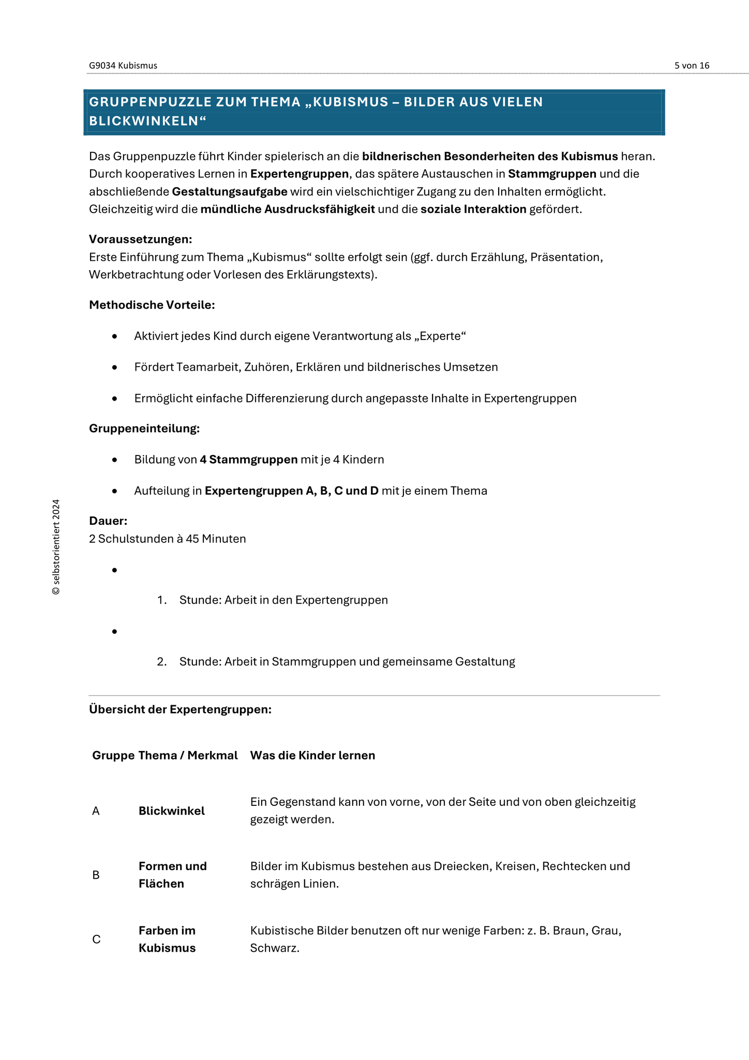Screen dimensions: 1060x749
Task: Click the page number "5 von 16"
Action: [x=692, y=66]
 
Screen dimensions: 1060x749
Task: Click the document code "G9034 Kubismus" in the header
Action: [x=123, y=66]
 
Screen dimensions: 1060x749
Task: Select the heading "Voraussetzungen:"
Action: [x=140, y=239]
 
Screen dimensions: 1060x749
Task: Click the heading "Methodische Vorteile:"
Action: [x=152, y=305]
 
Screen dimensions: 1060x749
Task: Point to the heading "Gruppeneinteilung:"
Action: [x=144, y=429]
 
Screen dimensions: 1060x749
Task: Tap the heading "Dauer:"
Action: [x=108, y=521]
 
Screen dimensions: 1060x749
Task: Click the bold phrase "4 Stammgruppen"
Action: [x=248, y=460]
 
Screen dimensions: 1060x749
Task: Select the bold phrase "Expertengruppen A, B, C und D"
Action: [x=292, y=491]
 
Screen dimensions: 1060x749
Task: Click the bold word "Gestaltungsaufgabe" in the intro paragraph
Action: [x=230, y=192]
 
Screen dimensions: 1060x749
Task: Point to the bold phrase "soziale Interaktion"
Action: [x=473, y=209]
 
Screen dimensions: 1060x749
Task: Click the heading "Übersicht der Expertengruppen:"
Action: [x=180, y=709]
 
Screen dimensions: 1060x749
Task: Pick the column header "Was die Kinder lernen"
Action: [x=312, y=755]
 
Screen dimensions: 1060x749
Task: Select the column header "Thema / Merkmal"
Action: [x=188, y=755]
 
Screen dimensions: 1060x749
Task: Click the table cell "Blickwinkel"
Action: [x=172, y=811]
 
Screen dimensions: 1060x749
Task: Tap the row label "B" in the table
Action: [x=96, y=875]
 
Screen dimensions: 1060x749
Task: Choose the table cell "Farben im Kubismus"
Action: [x=167, y=939]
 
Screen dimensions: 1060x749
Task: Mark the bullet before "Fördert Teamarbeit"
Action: [x=115, y=367]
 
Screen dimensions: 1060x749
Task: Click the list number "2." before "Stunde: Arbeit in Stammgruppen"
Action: [x=162, y=661]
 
